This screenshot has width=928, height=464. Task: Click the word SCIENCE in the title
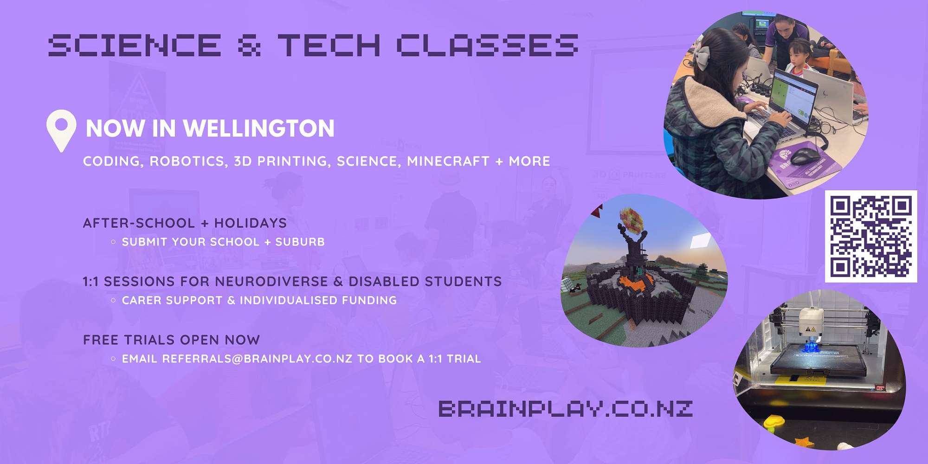point(135,45)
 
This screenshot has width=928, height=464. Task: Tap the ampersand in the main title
point(249,45)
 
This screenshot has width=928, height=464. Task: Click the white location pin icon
point(61,130)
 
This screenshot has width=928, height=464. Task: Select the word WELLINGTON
point(259,129)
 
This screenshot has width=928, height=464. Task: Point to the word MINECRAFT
point(448,161)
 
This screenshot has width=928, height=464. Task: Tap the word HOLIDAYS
point(251,223)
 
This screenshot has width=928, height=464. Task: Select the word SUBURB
point(300,242)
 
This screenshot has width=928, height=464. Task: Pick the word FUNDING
point(369,300)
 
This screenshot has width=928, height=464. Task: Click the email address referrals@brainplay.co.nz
point(257,359)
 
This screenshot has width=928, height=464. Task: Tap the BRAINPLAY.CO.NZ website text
point(566,409)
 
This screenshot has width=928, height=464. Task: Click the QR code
point(871,236)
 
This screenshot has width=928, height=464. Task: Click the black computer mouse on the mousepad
point(805,155)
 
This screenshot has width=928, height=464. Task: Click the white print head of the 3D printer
point(811,323)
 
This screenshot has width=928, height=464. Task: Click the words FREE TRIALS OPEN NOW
point(171,340)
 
